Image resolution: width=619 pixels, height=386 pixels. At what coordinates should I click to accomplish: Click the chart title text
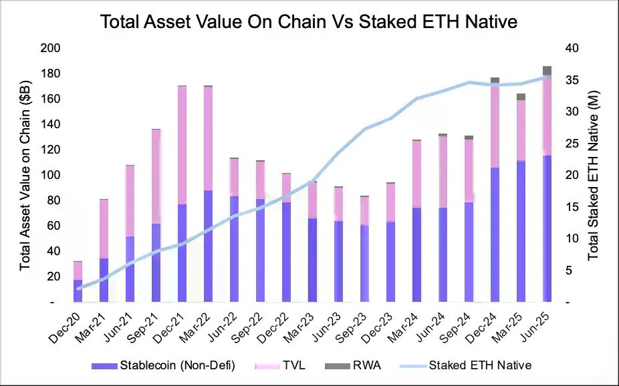309,22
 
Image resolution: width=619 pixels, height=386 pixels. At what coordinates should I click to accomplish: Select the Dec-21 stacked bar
182,194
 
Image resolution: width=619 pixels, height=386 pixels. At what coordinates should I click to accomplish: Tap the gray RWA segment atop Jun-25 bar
547,71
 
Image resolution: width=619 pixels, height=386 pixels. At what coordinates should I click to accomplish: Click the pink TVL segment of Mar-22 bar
208,138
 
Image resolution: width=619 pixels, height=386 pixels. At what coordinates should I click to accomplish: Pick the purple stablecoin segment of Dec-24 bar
495,234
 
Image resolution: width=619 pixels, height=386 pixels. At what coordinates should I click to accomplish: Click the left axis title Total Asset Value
25,176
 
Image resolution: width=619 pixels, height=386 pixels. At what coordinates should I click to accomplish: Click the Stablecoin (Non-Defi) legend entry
163,365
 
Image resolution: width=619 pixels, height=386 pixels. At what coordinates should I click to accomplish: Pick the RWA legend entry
342,365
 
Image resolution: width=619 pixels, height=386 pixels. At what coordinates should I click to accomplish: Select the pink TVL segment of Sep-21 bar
156,176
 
